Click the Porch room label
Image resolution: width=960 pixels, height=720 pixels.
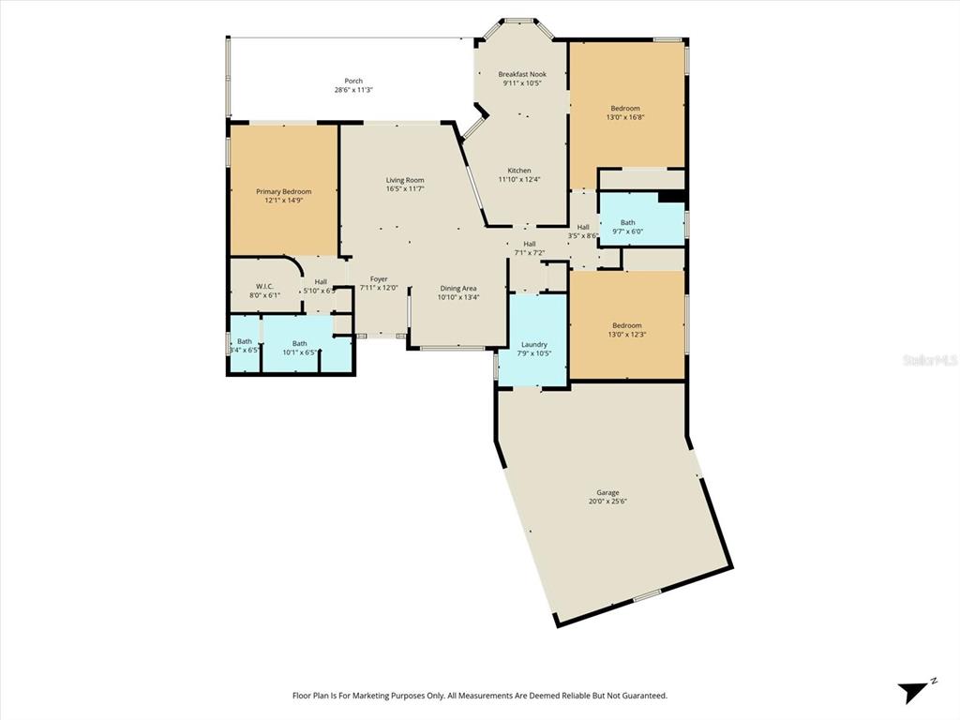[353, 82]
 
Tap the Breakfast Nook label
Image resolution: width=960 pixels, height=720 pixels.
[522, 74]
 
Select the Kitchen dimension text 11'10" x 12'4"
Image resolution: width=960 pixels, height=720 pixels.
[519, 180]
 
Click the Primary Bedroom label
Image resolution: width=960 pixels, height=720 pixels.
[283, 191]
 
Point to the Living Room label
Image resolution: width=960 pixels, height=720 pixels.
[405, 180]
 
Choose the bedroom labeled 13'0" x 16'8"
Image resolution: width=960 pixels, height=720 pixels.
[626, 112]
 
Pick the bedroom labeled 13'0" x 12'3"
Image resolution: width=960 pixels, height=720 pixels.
[626, 330]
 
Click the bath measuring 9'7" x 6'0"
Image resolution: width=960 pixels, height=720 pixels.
[627, 227]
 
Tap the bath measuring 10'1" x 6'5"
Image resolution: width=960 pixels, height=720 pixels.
[299, 348]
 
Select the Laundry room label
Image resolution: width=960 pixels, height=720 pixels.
[533, 345]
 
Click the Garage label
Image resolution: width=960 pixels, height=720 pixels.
[607, 493]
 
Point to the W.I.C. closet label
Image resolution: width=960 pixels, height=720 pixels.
[264, 287]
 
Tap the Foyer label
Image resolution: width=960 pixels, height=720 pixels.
[379, 279]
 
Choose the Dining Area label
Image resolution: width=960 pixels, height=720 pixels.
[458, 289]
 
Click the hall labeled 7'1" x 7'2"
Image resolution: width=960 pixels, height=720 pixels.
[530, 247]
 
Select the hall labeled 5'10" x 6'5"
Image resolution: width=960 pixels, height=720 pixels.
[321, 286]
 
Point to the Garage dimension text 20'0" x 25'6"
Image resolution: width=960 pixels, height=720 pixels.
[607, 502]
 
